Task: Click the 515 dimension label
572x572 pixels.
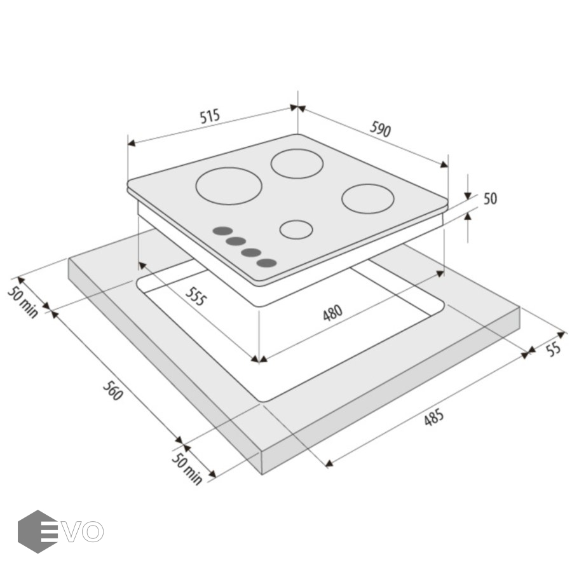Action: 210,116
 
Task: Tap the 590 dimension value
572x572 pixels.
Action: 380,129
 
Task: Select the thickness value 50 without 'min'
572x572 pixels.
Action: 490,198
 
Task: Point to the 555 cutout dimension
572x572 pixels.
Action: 196,296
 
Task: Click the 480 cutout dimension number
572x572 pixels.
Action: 332,313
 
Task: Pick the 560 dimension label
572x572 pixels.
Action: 112,390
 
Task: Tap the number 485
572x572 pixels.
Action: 434,418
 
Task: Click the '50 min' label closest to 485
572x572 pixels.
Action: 187,469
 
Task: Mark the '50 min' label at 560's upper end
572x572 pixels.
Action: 23,303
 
